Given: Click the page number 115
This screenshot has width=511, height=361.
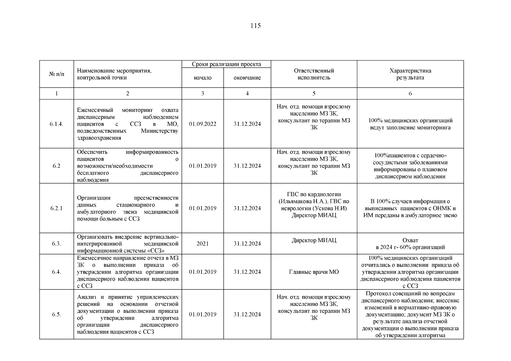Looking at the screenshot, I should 255,26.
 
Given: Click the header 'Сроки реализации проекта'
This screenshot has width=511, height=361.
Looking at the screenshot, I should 226,64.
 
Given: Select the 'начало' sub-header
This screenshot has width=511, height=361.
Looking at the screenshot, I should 203,78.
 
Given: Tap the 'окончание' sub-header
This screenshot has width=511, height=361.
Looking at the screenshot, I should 247,78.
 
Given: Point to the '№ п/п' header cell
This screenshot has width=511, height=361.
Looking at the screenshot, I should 57,74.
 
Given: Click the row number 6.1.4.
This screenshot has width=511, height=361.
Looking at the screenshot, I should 57,124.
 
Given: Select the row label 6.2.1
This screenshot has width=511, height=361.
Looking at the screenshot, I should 57,208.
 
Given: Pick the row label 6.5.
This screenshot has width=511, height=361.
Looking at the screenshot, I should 57,314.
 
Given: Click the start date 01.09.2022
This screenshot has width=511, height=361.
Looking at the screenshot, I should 203,124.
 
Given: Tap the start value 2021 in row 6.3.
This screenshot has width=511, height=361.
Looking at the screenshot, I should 203,244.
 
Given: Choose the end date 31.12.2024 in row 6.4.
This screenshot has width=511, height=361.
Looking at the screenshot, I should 247,272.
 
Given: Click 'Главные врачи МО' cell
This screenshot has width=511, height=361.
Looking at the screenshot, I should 314,272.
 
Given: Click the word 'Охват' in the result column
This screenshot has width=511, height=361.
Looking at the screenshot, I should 410,240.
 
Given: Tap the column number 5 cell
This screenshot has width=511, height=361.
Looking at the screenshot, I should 314,94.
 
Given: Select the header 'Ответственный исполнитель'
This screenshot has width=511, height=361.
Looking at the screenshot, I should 314,74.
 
